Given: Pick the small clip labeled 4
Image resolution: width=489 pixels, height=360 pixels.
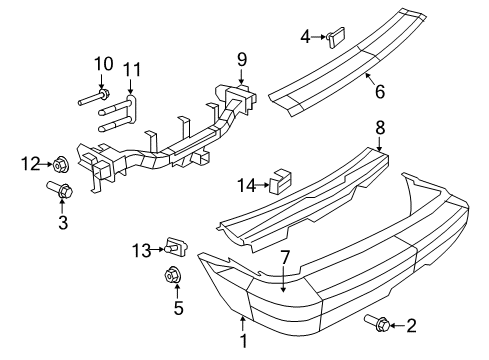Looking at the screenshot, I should [335, 38].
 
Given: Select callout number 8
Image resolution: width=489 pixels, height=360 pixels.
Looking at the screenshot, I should [380, 128].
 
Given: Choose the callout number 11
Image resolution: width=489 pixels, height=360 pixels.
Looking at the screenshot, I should [131, 70].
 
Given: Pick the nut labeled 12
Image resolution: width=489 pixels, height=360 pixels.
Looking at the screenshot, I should [60, 162].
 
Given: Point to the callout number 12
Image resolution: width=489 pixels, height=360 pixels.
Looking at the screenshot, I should [30, 163].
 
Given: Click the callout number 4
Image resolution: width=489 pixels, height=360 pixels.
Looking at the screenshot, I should [305, 38].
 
